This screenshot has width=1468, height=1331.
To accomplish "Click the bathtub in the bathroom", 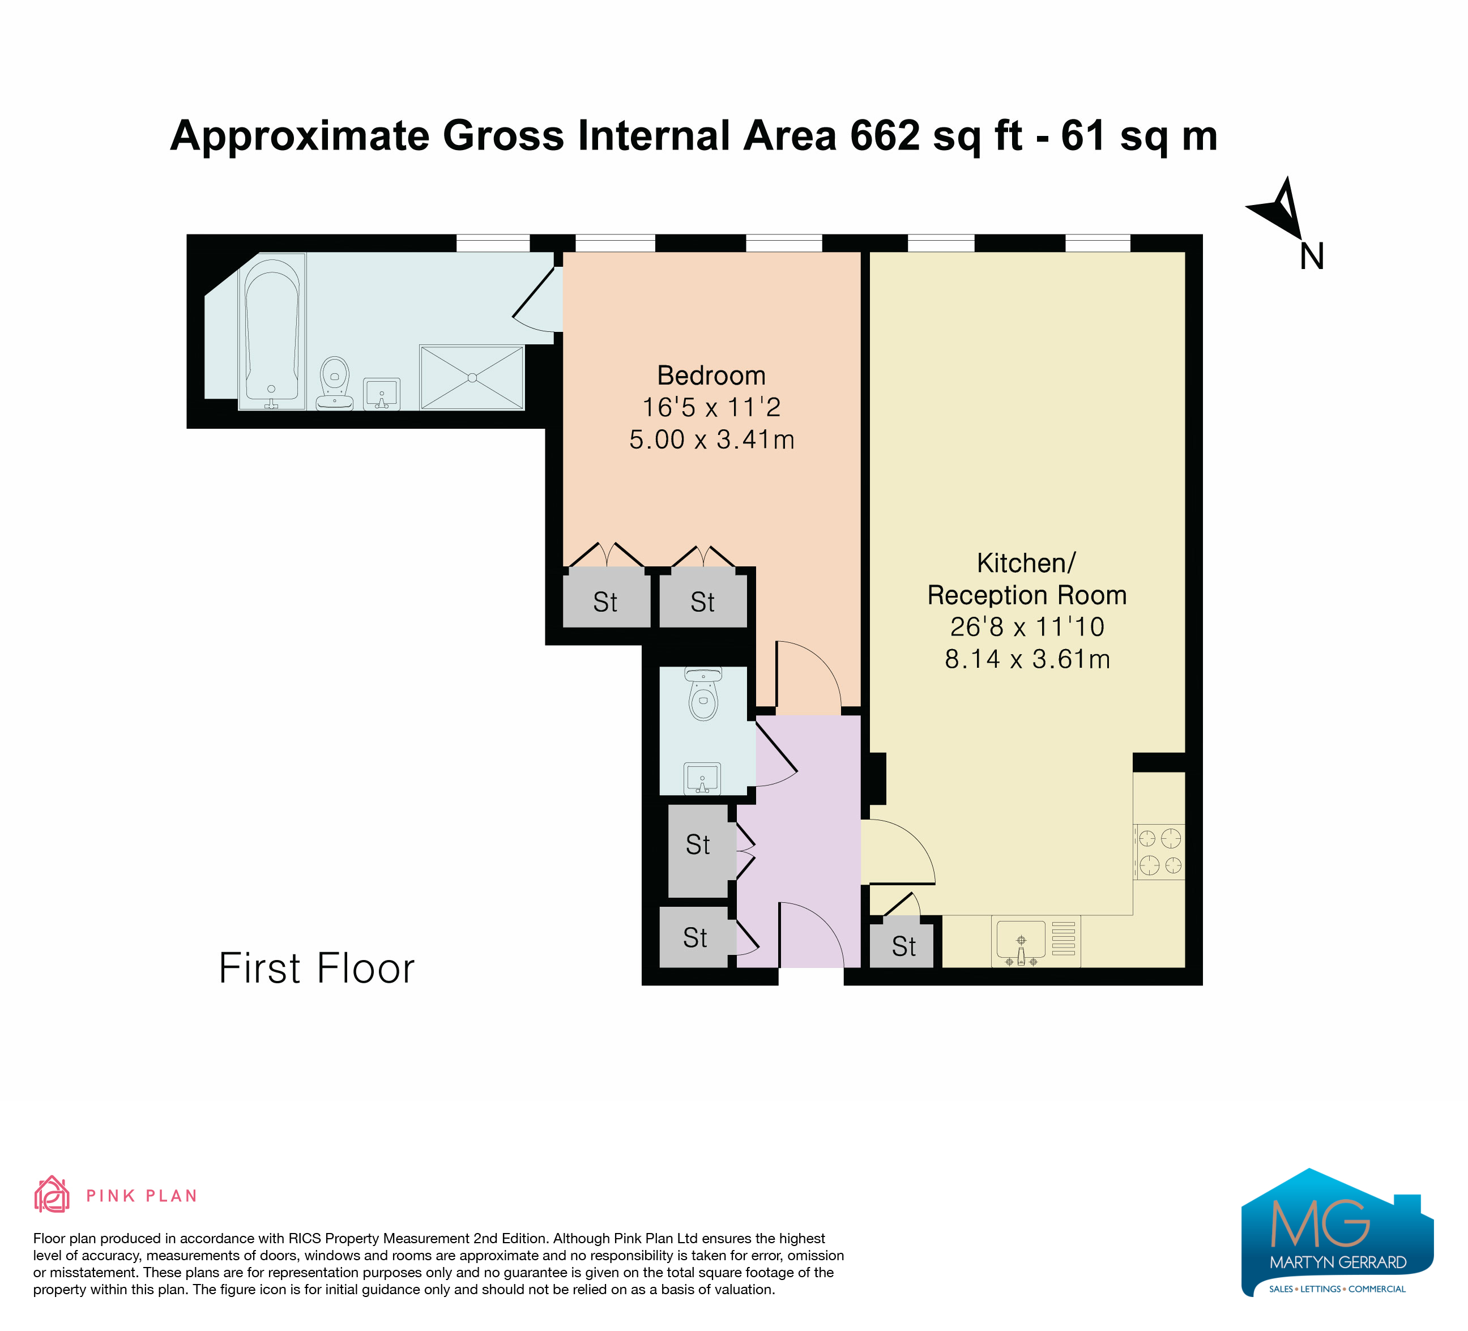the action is point(272,331).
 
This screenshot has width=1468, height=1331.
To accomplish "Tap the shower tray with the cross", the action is point(472,378).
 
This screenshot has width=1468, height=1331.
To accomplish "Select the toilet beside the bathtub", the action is point(335,383).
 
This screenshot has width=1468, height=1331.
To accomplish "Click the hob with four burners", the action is point(1159,852).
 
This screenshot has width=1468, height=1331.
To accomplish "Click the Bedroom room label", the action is point(711,376).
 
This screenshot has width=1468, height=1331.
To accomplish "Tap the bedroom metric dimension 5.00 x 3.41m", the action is point(711,440).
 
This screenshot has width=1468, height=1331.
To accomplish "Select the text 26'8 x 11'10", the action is point(1027,627).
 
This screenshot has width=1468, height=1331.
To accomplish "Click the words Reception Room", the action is point(1027,595).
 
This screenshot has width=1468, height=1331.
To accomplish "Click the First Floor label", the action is point(317,969).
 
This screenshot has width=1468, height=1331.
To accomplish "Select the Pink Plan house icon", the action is point(52,1194).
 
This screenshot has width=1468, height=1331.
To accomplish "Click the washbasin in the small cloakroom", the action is point(702,778).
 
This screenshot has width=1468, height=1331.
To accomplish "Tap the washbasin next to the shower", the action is point(382,394).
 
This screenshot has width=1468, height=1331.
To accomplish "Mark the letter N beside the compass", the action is point(1312,257).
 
